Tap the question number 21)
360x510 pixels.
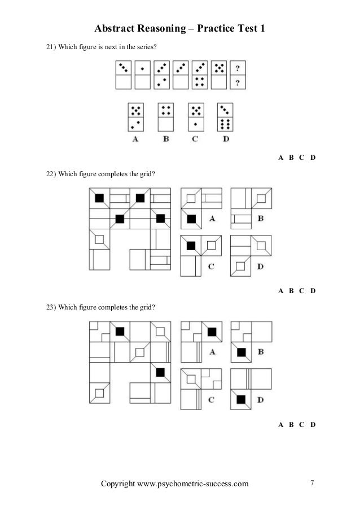(51, 46)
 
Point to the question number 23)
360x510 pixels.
(51, 307)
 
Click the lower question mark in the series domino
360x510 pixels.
(239, 83)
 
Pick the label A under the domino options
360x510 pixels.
(135, 140)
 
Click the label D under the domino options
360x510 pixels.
(226, 140)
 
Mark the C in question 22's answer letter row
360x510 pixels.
(302, 291)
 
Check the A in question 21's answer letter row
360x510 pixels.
(281, 158)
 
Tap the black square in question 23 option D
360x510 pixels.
(242, 399)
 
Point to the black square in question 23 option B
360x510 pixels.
(242, 352)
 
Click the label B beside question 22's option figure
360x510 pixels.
(261, 217)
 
